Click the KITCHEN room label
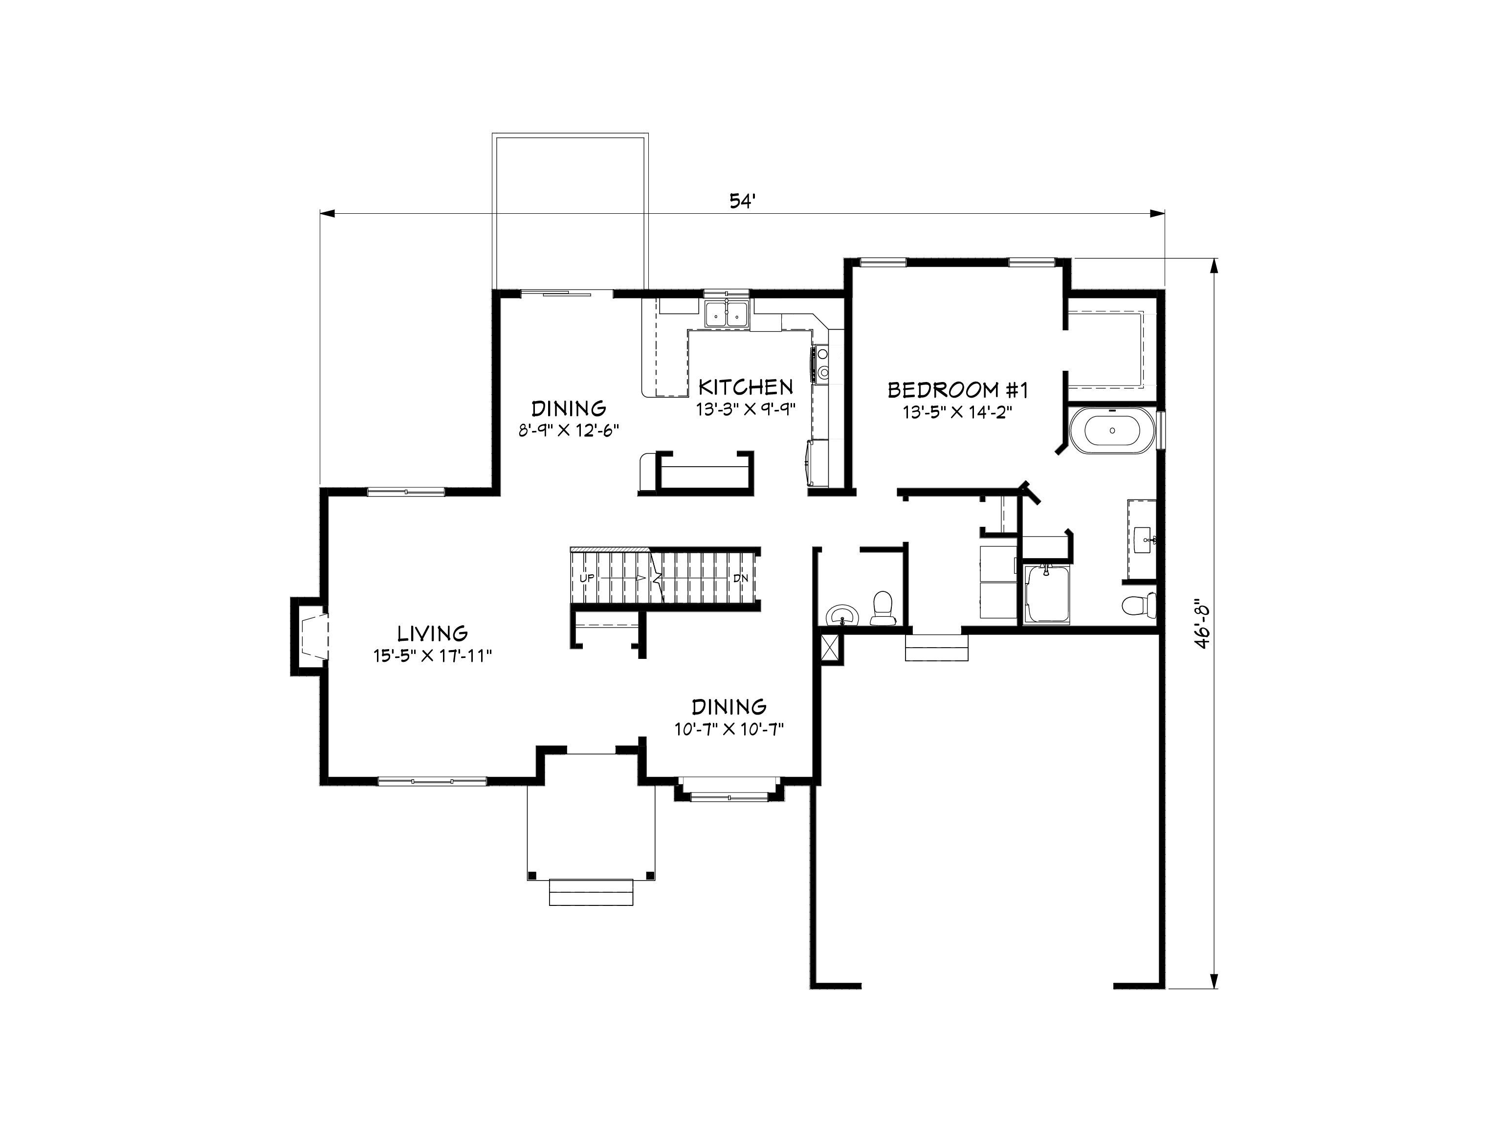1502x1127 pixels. (746, 387)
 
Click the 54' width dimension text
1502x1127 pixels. (743, 201)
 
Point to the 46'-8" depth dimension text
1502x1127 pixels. (1203, 624)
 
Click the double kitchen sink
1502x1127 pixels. (726, 315)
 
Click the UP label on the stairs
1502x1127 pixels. (587, 578)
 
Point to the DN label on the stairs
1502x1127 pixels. (740, 578)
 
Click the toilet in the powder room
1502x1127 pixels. (883, 609)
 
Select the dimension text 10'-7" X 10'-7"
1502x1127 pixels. (729, 730)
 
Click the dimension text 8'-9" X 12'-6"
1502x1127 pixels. (569, 430)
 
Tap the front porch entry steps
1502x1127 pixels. (591, 892)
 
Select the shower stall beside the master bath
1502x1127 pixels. (1046, 593)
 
